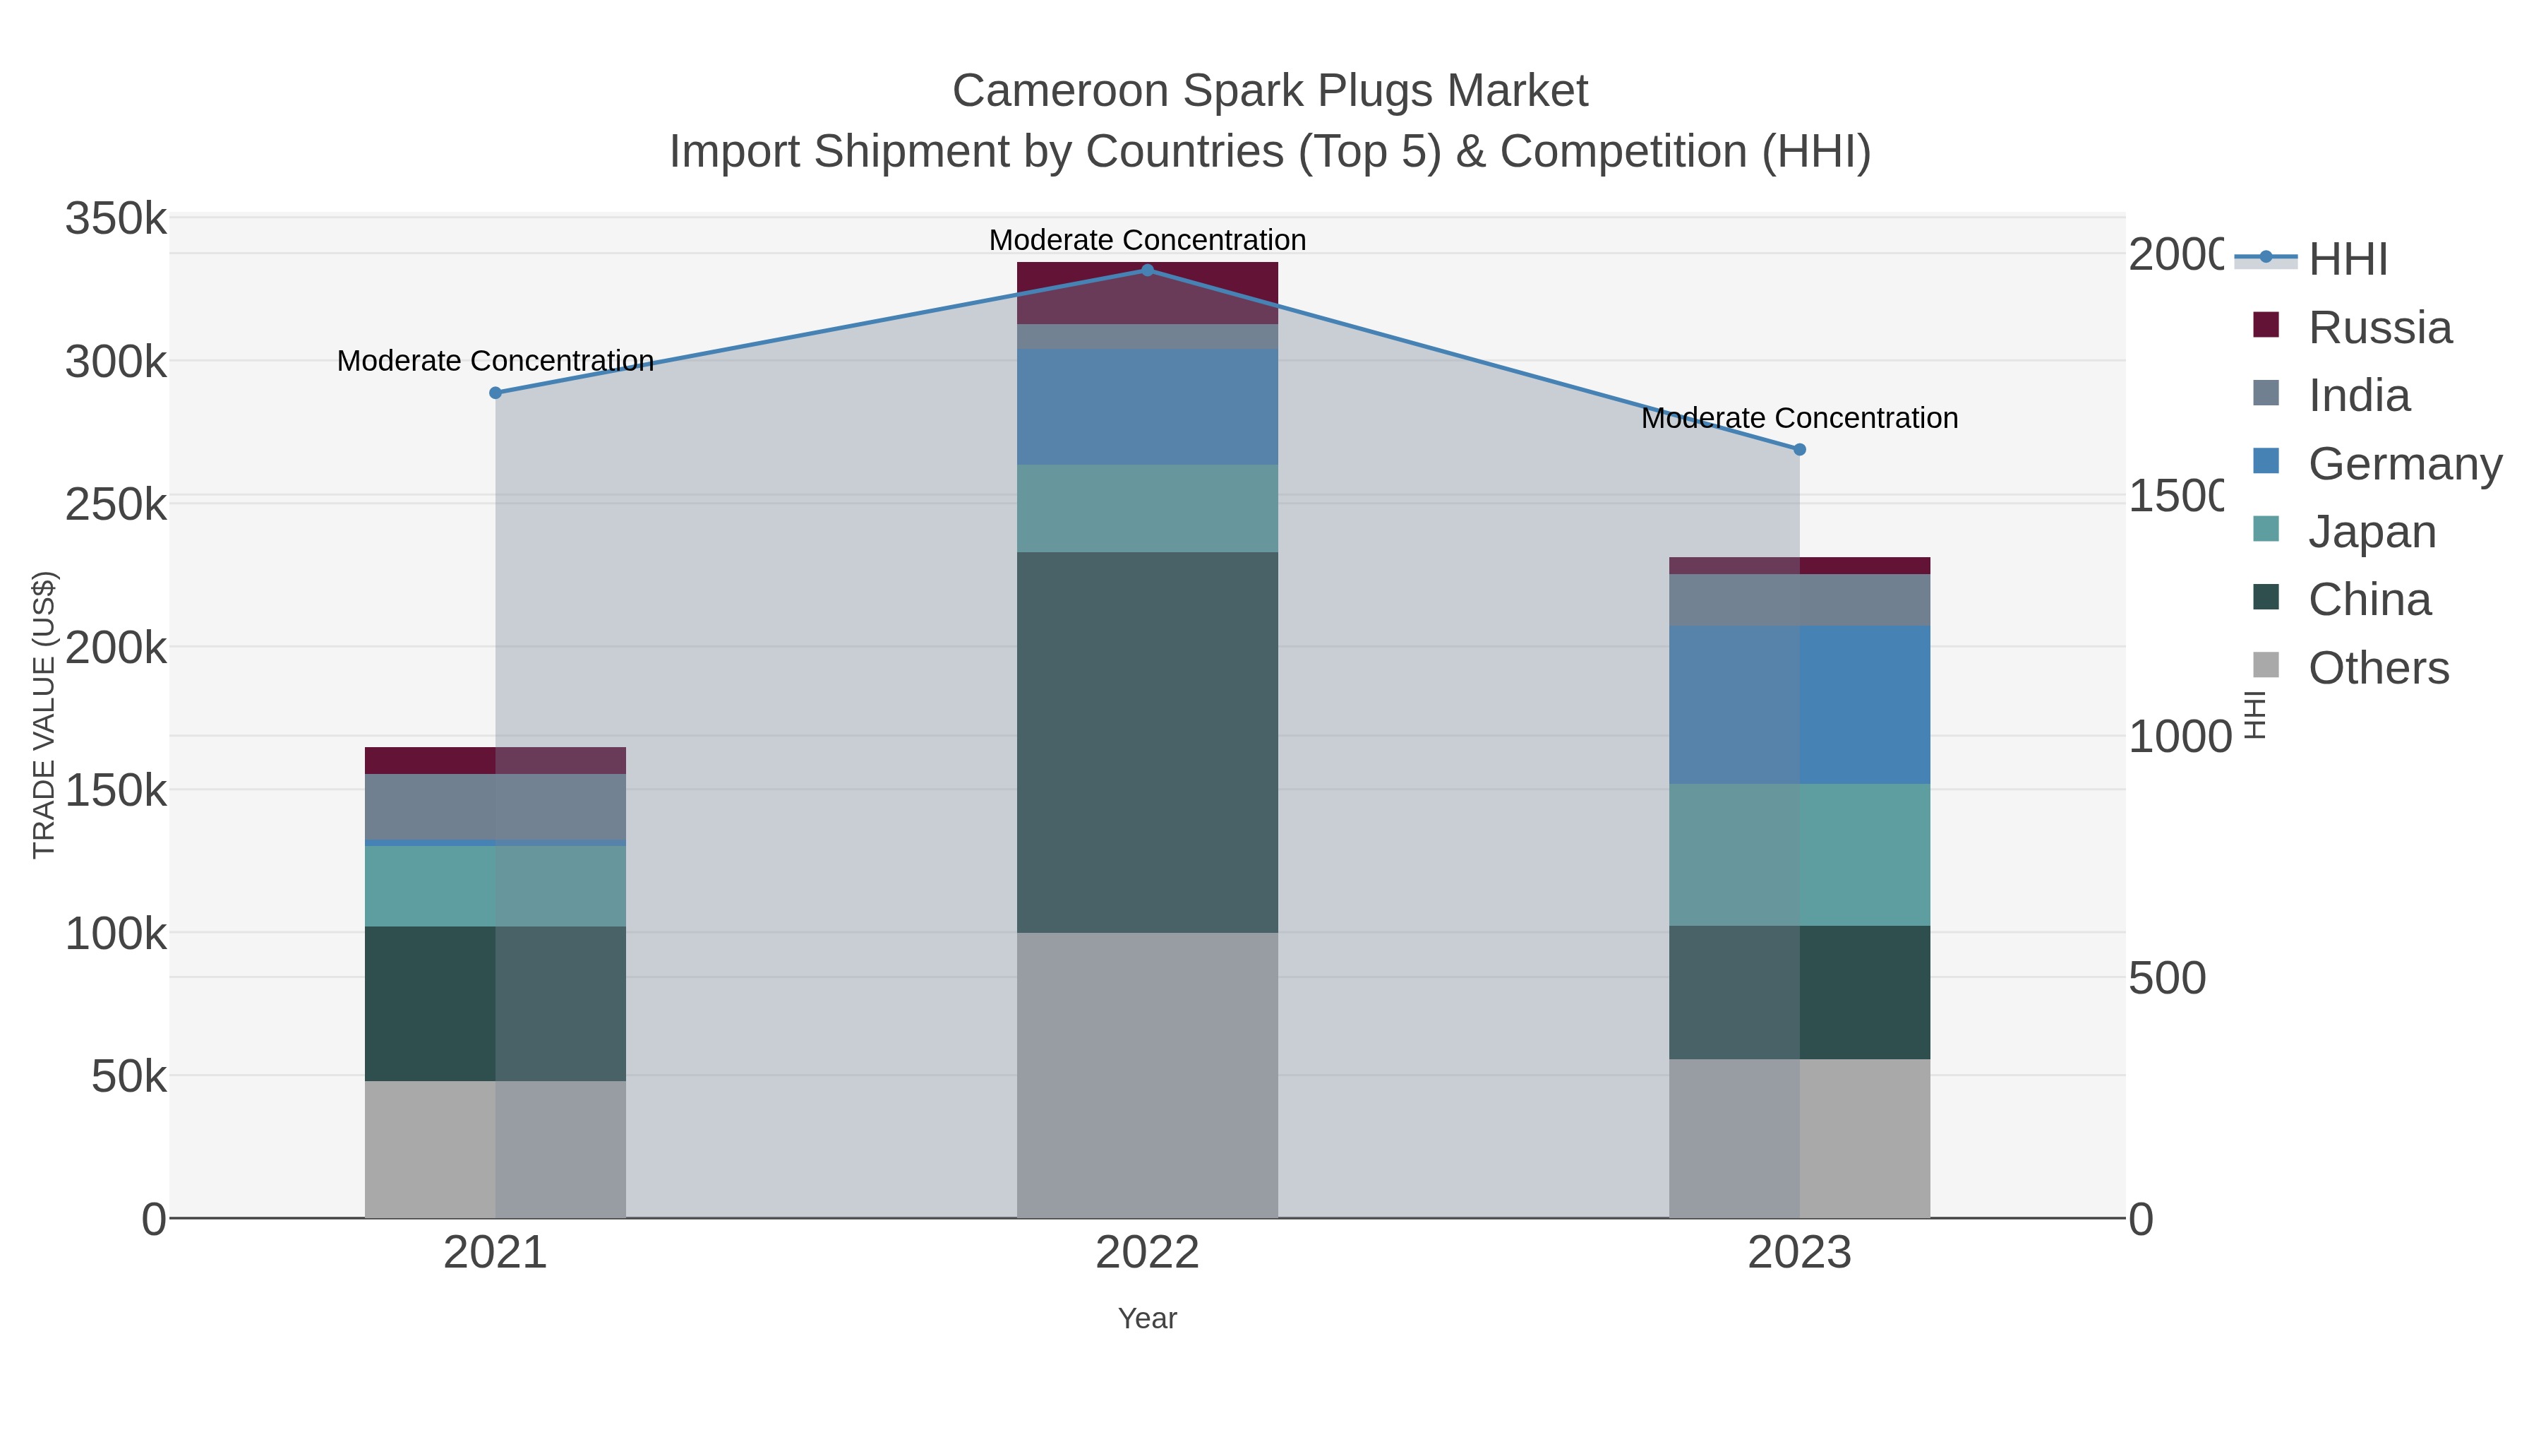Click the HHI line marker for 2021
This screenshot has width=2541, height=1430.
pos(495,393)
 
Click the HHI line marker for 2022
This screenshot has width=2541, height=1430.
pos(1147,270)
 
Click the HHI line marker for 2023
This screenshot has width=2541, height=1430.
pos(1799,450)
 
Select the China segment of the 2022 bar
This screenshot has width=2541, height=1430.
pos(1147,742)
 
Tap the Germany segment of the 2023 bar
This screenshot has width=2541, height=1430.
pos(1799,705)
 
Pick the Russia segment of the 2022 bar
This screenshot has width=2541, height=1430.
pos(1147,293)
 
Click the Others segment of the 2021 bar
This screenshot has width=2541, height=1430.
pos(495,1149)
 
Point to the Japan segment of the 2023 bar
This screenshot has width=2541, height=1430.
pos(1799,854)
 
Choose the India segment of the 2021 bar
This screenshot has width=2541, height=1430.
pos(495,806)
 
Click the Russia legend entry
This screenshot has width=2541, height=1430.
pos(2379,328)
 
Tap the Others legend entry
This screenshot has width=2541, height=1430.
pos(2377,668)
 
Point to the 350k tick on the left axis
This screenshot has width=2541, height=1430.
pos(116,219)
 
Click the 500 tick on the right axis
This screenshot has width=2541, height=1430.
pos(2167,978)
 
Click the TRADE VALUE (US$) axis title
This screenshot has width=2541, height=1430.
pos(44,715)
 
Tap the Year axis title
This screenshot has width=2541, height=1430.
pos(1147,1318)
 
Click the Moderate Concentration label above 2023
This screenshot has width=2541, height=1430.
pos(1799,419)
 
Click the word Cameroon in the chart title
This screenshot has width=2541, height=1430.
pos(1060,91)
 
